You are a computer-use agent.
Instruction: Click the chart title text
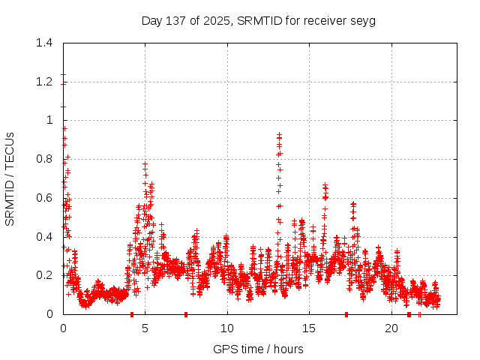tap(258, 20)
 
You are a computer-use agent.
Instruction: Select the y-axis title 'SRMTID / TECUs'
tap(10, 178)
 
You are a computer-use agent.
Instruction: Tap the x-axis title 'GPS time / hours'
tap(258, 349)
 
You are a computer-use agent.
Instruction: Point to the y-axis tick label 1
tap(49, 120)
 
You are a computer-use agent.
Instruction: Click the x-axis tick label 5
tap(145, 328)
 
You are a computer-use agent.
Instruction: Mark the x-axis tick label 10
tap(227, 328)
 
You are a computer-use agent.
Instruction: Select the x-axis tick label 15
tap(309, 328)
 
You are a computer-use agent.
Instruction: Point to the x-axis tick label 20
tap(391, 328)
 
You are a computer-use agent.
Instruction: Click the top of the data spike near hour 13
tap(279, 134)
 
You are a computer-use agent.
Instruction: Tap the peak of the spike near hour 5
tap(145, 163)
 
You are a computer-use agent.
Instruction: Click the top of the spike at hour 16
tap(325, 184)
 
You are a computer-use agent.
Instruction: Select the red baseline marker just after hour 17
tap(346, 313)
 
